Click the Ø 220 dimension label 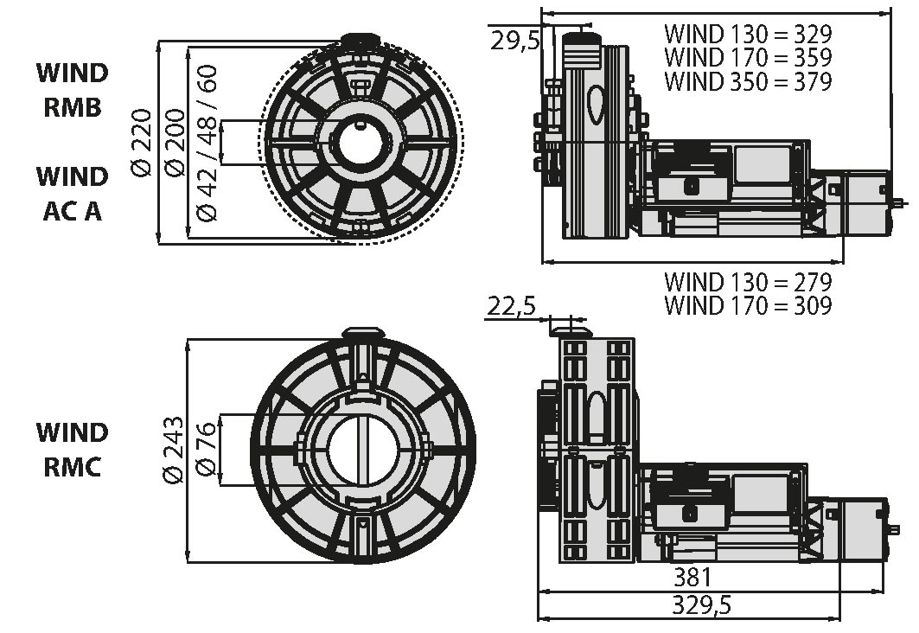(141, 142)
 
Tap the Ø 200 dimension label (174, 142)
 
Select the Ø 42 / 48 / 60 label (207, 143)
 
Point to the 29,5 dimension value (514, 41)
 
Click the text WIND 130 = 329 (748, 34)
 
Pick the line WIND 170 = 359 (748, 57)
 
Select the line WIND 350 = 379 (748, 81)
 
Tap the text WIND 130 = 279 (748, 282)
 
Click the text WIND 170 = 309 (748, 305)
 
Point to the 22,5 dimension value (510, 306)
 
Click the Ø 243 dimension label (174, 451)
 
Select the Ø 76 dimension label (207, 451)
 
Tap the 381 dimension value (692, 578)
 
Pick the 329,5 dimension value (701, 604)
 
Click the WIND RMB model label (73, 90)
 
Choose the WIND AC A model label (73, 194)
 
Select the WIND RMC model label (73, 451)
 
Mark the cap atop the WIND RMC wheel (363, 333)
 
